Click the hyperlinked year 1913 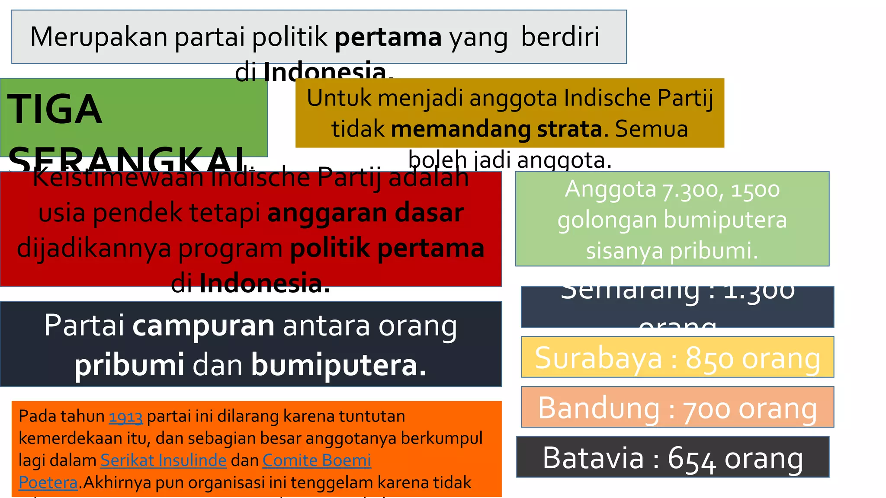tap(125, 417)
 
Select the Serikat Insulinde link tap(164, 460)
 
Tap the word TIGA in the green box tap(55, 109)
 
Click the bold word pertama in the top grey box tap(388, 37)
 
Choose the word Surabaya tap(598, 358)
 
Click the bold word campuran tap(203, 326)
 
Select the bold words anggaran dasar tap(366, 213)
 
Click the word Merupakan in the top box tap(99, 37)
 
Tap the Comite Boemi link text tap(317, 460)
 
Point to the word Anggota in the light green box tap(610, 189)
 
